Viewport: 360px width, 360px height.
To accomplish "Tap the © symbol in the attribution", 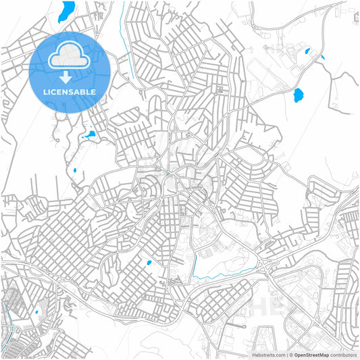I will (x=290, y=355).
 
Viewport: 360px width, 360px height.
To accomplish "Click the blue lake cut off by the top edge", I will (x=67, y=9).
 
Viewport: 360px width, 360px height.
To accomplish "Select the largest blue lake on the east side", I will (x=298, y=95).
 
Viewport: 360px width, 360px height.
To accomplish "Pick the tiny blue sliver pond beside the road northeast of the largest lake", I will (x=323, y=57).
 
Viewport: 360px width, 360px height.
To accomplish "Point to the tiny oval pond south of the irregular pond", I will (x=74, y=170).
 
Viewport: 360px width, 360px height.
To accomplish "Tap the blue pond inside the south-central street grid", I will (x=149, y=263).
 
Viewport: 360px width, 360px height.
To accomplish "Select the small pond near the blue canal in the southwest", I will (x=36, y=312).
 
